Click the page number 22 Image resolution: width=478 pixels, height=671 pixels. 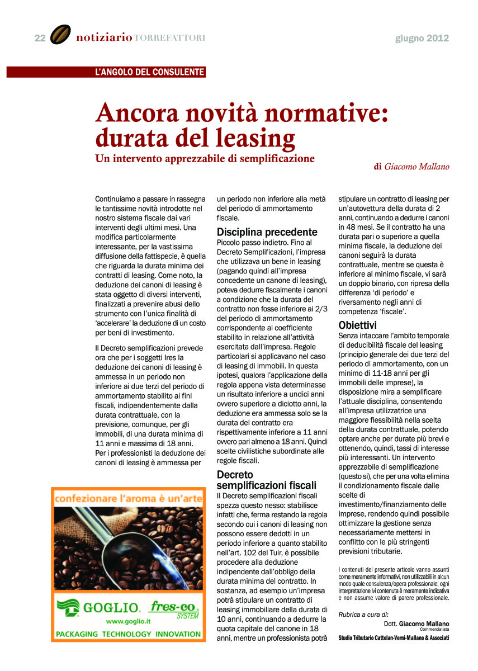pyautogui.click(x=40, y=38)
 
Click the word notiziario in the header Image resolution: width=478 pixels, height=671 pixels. pyautogui.click(x=104, y=38)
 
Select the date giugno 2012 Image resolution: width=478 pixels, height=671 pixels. pyautogui.click(x=422, y=38)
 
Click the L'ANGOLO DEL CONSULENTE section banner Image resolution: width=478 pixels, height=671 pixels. pyautogui.click(x=150, y=72)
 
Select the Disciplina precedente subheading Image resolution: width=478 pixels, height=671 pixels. pyautogui.click(x=267, y=232)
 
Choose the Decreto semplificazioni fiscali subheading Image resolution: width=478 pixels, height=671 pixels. pyautogui.click(x=266, y=480)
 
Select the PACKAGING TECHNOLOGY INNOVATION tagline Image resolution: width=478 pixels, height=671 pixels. pyautogui.click(x=128, y=634)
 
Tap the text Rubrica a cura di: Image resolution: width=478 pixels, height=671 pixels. pyautogui.click(x=363, y=615)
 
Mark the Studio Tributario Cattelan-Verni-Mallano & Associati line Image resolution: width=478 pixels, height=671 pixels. pyautogui.click(x=394, y=638)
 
